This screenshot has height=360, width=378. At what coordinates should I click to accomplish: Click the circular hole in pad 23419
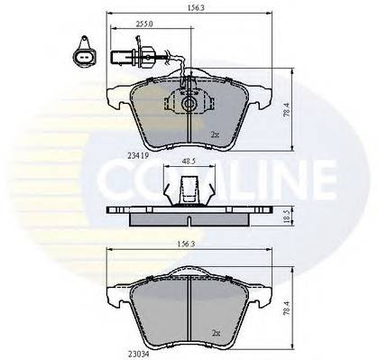click(x=189, y=106)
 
